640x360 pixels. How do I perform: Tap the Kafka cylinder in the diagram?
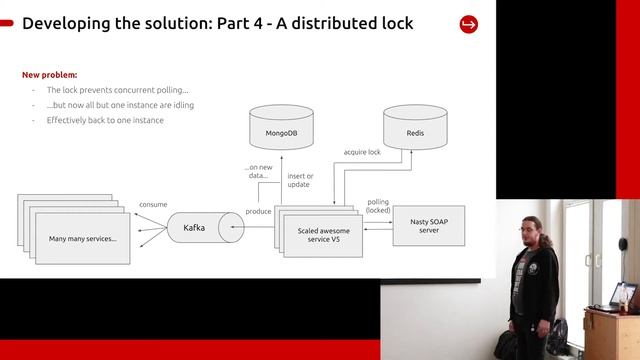(195, 228)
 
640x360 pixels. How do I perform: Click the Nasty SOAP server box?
(427, 226)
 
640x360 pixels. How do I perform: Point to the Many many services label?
(83, 239)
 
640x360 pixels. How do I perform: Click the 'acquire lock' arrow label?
(361, 153)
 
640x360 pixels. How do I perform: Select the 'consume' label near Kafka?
(153, 204)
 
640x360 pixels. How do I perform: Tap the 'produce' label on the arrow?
(258, 212)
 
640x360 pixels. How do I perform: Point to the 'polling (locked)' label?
(378, 206)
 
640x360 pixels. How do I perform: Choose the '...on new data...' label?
(258, 171)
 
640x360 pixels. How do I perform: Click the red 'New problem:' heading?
(50, 75)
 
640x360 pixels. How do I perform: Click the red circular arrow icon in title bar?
(468, 24)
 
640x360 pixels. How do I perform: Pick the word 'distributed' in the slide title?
(307, 23)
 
